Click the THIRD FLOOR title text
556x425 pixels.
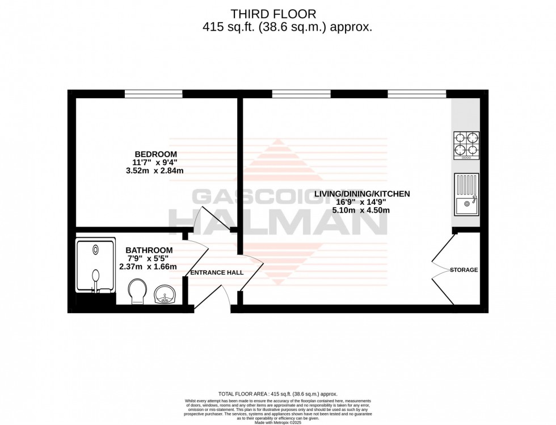click(x=278, y=14)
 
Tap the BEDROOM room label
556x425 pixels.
click(x=155, y=154)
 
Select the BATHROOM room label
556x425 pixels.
click(x=149, y=250)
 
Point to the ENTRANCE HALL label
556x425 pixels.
click(x=217, y=272)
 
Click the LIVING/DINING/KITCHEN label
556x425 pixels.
click(x=361, y=194)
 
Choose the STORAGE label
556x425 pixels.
click(x=464, y=270)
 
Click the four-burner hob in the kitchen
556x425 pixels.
click(x=466, y=145)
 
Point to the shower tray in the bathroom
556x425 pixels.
click(x=95, y=264)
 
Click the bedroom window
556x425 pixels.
click(x=153, y=94)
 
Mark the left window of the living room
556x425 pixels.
click(x=301, y=94)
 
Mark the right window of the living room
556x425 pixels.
click(x=416, y=94)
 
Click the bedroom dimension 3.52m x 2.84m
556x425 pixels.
click(x=155, y=170)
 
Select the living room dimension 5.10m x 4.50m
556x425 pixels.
click(x=361, y=210)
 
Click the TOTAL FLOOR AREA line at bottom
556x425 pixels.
click(x=278, y=394)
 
